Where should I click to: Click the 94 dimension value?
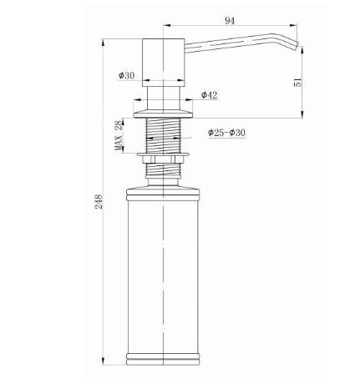tap(230, 21)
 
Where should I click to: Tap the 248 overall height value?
tap(99, 202)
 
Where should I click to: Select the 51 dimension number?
tap(297, 83)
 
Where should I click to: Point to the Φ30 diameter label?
tap(126, 75)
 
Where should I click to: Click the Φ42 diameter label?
tap(210, 95)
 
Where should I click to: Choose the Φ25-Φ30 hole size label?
tap(226, 133)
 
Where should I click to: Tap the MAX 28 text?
tap(119, 135)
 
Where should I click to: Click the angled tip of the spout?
tap(296, 46)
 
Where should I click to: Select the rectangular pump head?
tap(163, 63)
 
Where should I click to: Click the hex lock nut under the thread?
tap(163, 159)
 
